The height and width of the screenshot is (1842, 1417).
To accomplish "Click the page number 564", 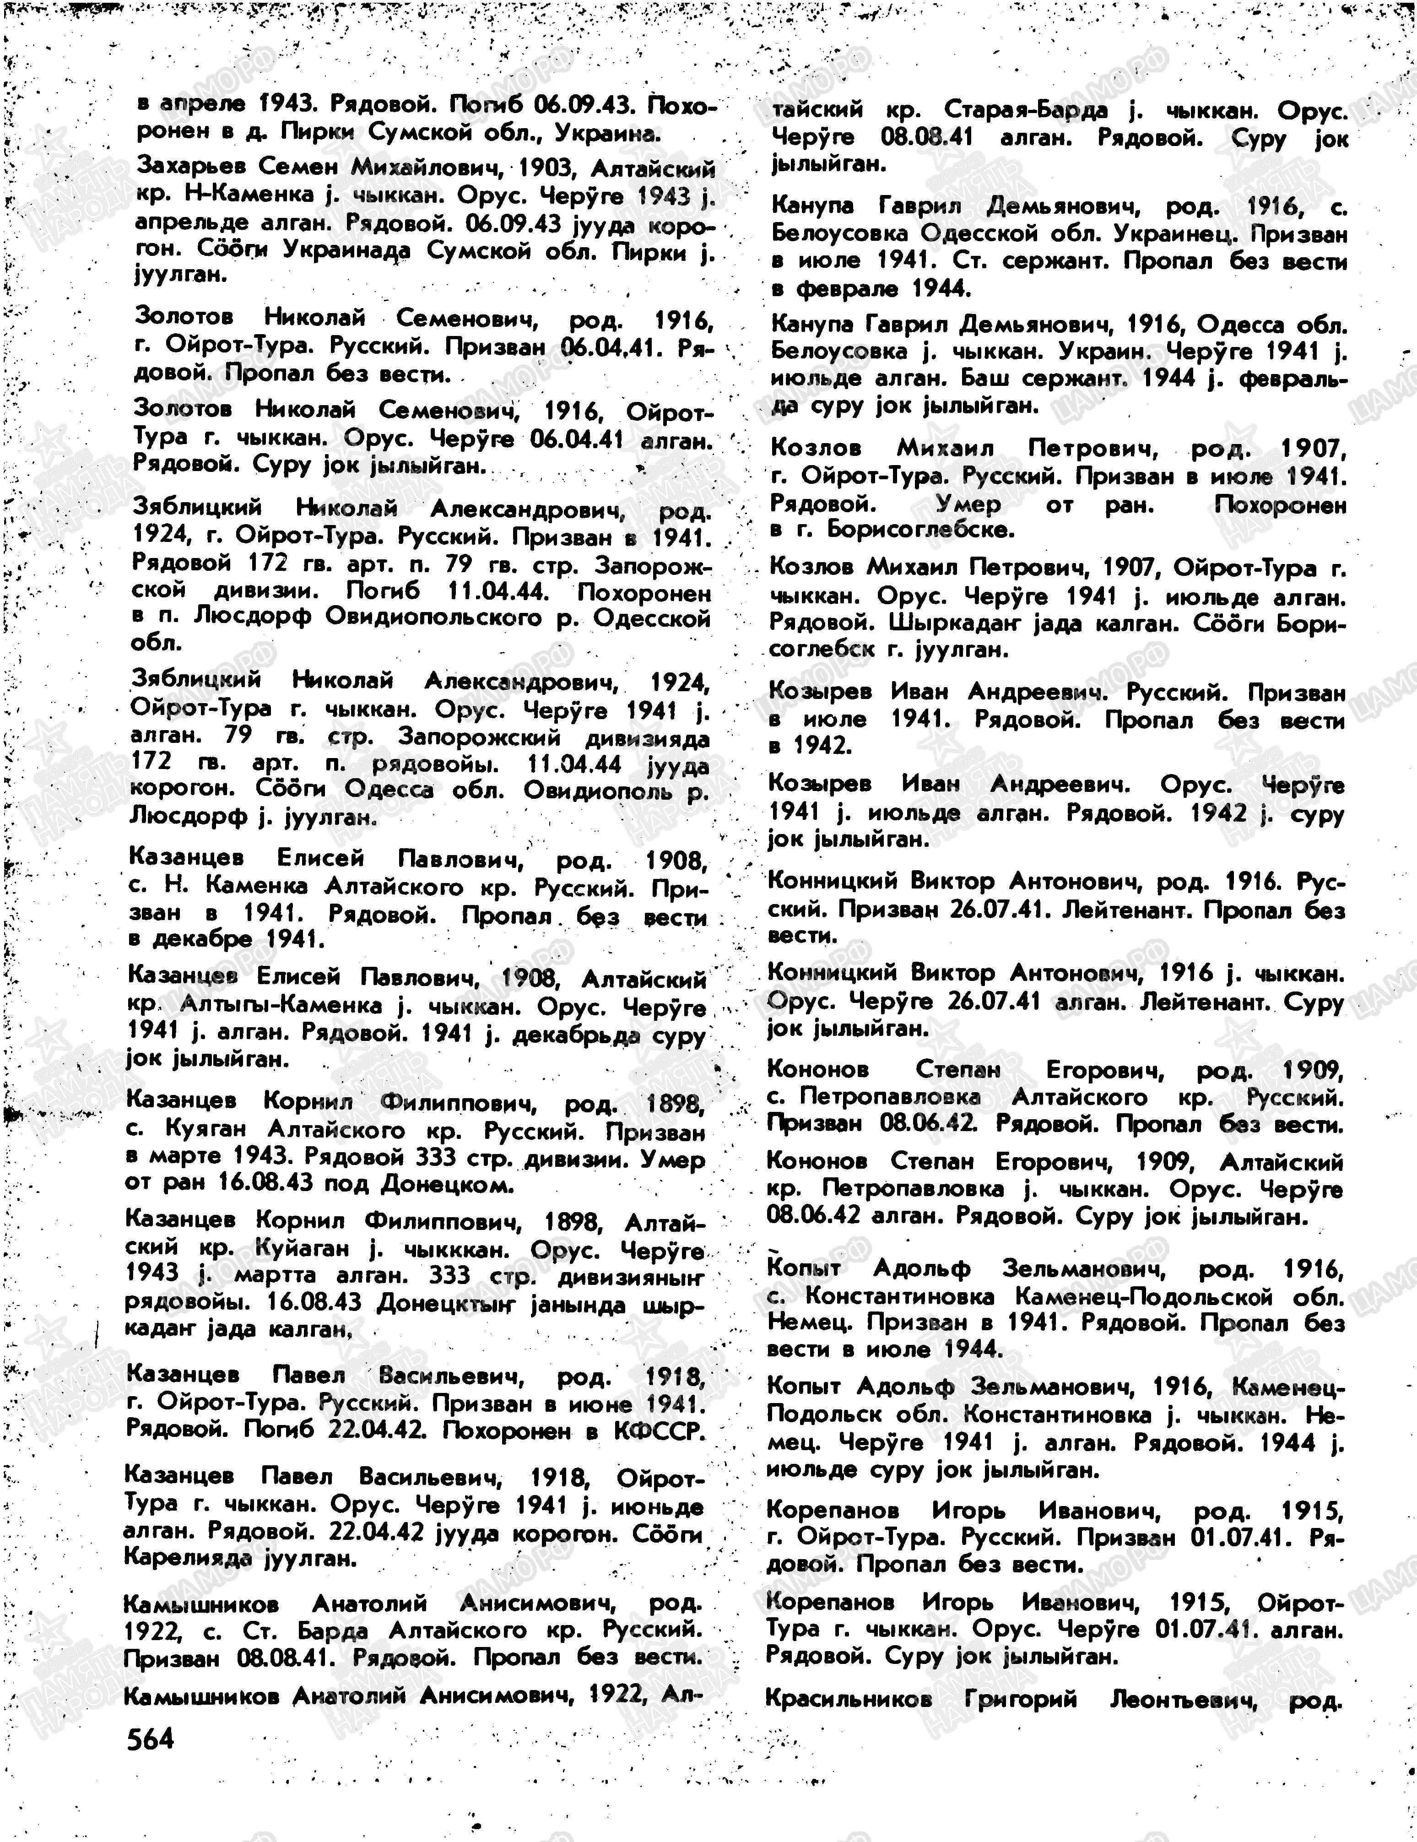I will [150, 1738].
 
